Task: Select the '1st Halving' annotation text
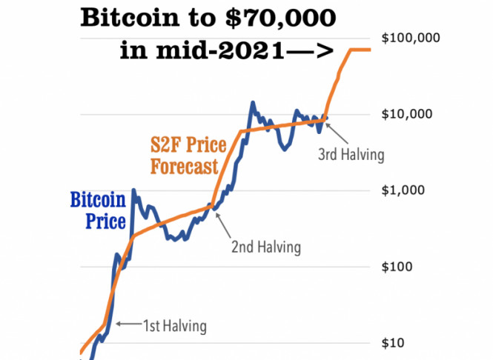coord(174,324)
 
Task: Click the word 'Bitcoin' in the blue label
coord(97,200)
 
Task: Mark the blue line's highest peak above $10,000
coord(253,103)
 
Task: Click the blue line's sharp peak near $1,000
coord(133,190)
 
